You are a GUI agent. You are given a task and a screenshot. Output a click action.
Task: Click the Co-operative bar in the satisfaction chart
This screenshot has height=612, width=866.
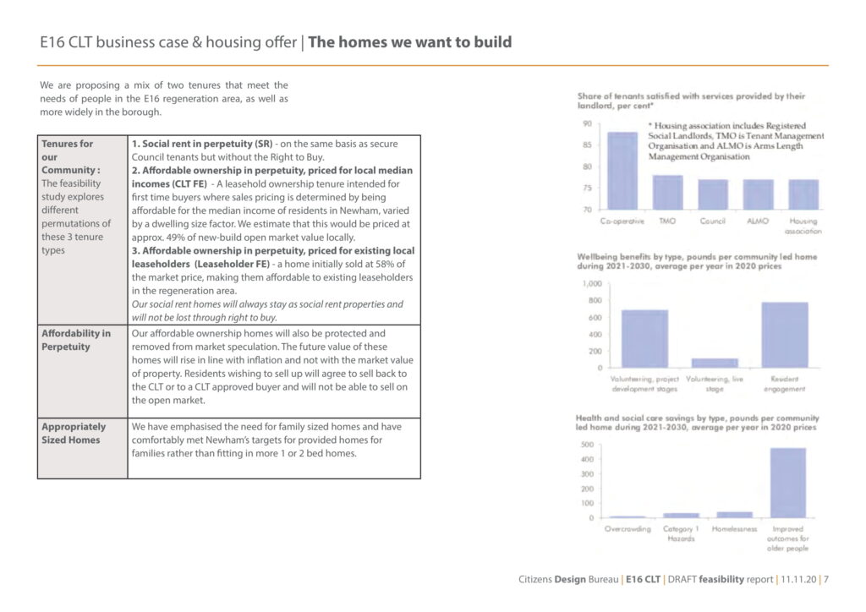click(x=622, y=171)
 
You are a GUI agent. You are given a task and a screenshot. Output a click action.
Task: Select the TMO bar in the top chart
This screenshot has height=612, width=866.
click(x=668, y=193)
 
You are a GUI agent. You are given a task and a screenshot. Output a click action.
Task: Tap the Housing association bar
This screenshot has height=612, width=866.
click(x=803, y=194)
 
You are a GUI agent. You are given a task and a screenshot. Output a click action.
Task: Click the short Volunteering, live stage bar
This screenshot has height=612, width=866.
click(x=715, y=363)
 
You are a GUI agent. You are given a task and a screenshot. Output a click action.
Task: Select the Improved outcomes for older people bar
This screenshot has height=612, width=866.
click(x=787, y=483)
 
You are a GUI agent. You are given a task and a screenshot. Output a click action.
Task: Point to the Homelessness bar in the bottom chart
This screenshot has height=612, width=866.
click(x=734, y=515)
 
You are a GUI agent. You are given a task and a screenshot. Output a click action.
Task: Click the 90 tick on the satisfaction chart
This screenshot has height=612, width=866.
click(x=587, y=124)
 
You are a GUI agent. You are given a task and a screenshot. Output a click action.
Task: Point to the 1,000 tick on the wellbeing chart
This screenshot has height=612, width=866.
click(x=592, y=284)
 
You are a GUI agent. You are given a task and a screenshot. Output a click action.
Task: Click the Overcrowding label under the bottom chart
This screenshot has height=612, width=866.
click(x=628, y=529)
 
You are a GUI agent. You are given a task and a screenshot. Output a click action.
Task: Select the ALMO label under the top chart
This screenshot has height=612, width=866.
click(x=759, y=221)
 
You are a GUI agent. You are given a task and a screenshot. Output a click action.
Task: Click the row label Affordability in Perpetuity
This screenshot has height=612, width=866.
click(x=76, y=340)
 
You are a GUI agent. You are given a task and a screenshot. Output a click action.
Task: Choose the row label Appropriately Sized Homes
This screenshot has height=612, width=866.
click(x=74, y=433)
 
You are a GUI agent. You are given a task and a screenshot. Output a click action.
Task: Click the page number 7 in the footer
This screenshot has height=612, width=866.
click(x=826, y=580)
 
